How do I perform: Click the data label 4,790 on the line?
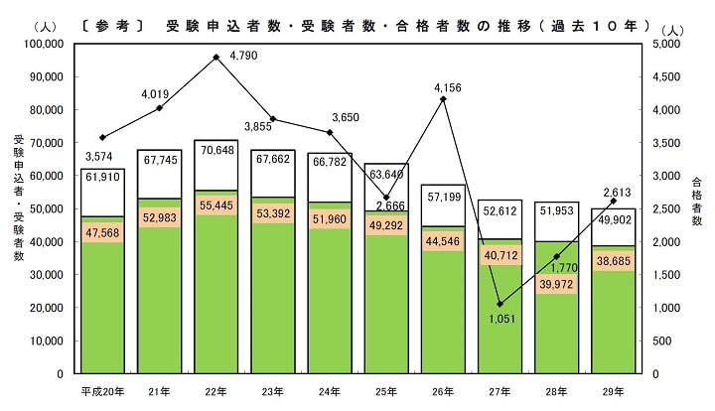click(x=243, y=56)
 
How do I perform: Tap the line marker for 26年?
click(x=443, y=99)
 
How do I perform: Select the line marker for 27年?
click(x=500, y=304)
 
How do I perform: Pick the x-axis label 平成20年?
click(x=102, y=390)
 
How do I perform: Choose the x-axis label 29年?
click(x=613, y=390)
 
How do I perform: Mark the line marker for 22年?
click(x=215, y=57)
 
